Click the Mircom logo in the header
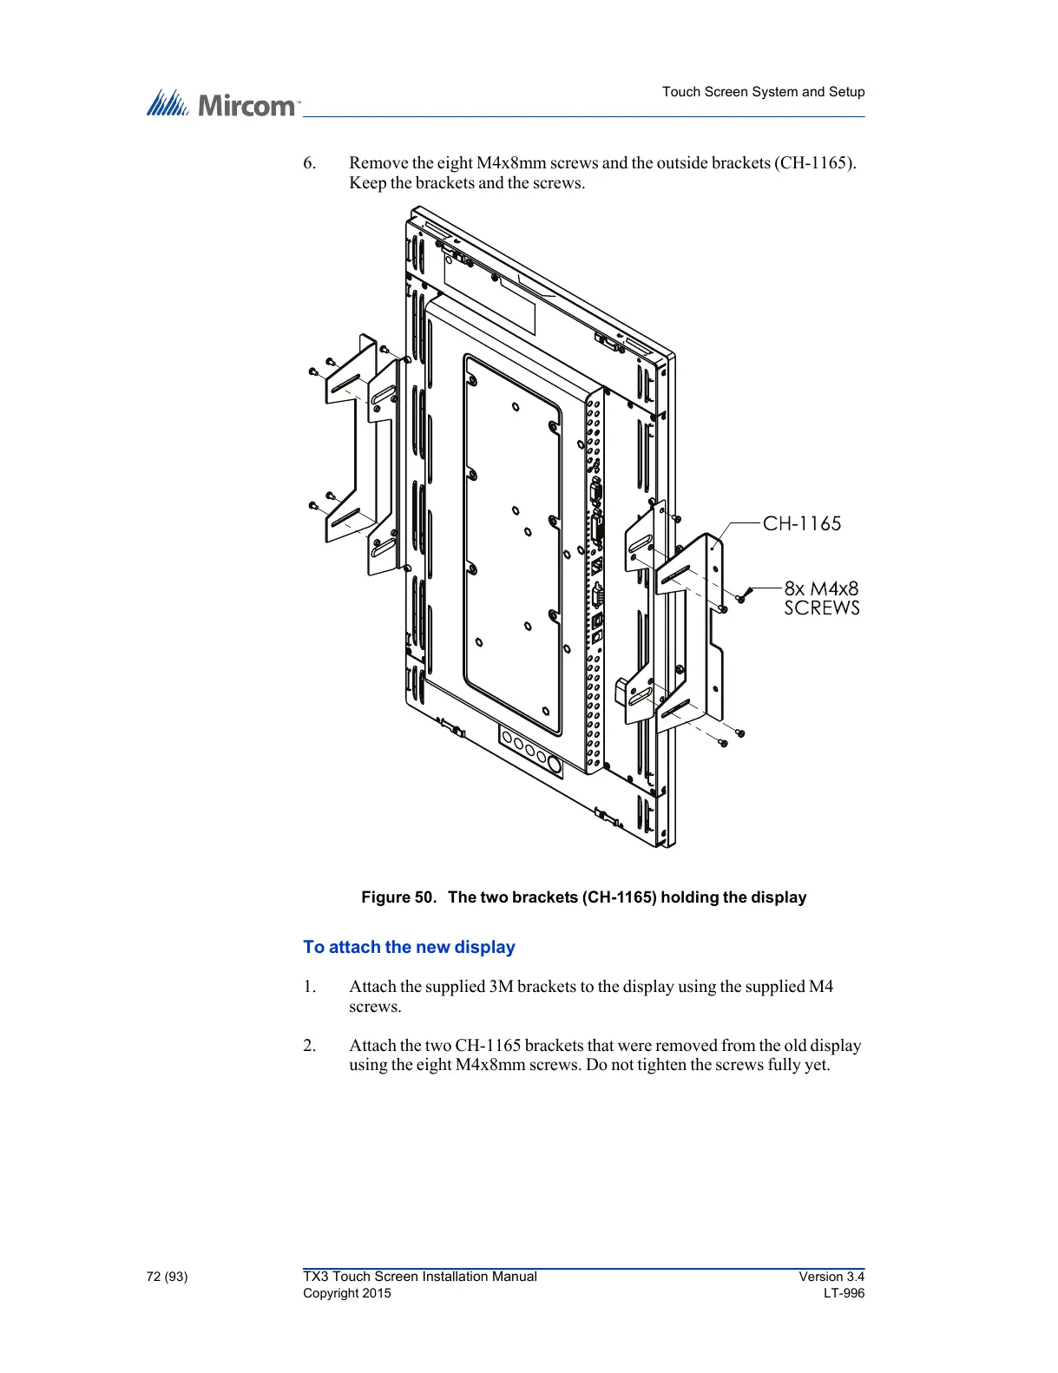[x=222, y=104]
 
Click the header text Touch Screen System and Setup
[x=763, y=92]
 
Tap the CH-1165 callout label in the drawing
[x=802, y=523]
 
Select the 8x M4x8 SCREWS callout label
[x=821, y=598]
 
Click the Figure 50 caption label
[x=583, y=897]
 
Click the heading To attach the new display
[x=409, y=947]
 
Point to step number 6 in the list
[x=309, y=163]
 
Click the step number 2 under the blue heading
[x=309, y=1046]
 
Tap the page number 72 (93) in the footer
[x=167, y=1277]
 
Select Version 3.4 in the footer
[x=831, y=1277]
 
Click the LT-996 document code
[x=844, y=1293]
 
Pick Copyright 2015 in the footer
[x=346, y=1293]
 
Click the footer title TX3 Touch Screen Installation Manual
[x=419, y=1277]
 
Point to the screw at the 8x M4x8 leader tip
[x=740, y=598]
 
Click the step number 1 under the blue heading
[x=309, y=987]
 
